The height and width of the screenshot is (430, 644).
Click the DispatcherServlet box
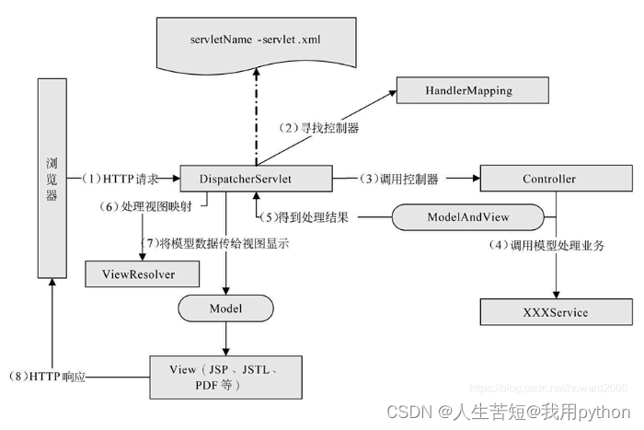click(x=257, y=179)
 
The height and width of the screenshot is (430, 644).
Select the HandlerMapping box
click(x=472, y=90)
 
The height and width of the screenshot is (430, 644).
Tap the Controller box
click(x=556, y=179)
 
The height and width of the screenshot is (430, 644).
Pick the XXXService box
click(x=556, y=312)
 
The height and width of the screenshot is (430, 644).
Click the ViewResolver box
click(x=142, y=273)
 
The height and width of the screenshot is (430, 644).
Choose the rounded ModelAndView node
click(x=467, y=217)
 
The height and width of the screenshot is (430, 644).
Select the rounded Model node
click(x=225, y=308)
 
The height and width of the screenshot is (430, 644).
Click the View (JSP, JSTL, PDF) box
click(x=225, y=378)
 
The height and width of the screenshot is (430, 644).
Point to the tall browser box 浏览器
click(x=52, y=179)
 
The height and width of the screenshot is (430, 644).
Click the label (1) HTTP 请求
click(x=119, y=179)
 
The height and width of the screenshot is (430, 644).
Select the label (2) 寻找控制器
click(x=318, y=128)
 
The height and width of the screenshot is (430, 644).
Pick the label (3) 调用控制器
click(x=398, y=179)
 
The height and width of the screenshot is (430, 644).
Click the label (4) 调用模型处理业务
click(x=546, y=246)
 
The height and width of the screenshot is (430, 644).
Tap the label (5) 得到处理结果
click(x=305, y=217)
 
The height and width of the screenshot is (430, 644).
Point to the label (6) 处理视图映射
click(x=145, y=206)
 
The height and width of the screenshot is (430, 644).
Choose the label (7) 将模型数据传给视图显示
click(x=214, y=243)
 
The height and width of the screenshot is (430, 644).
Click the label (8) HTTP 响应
click(x=47, y=377)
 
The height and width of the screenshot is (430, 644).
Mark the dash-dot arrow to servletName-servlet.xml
click(x=257, y=117)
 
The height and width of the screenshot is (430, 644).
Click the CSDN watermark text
click(x=509, y=412)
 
